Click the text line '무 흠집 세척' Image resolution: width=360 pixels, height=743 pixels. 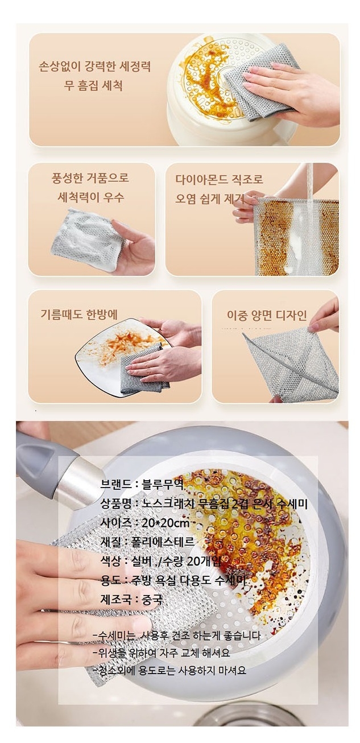pos(93,85)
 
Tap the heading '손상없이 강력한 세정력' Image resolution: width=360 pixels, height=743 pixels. pos(95,65)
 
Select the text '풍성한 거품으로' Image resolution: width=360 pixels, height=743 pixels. pos(90,178)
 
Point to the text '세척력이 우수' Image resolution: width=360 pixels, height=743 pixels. pos(90,197)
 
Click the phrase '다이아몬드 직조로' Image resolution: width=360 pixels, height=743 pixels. pos(219,179)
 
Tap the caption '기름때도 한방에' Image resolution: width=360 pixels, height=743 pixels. pos(79,314)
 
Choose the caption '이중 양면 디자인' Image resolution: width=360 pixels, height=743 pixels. pos(267,315)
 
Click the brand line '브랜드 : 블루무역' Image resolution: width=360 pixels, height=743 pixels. pos(142,485)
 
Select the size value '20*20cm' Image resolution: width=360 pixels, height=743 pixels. pos(165,523)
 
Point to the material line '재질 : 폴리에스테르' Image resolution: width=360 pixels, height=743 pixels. pos(147,542)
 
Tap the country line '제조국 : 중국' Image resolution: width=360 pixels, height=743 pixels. pos(131,599)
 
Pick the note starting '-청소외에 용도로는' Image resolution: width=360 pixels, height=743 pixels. pos(169,671)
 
